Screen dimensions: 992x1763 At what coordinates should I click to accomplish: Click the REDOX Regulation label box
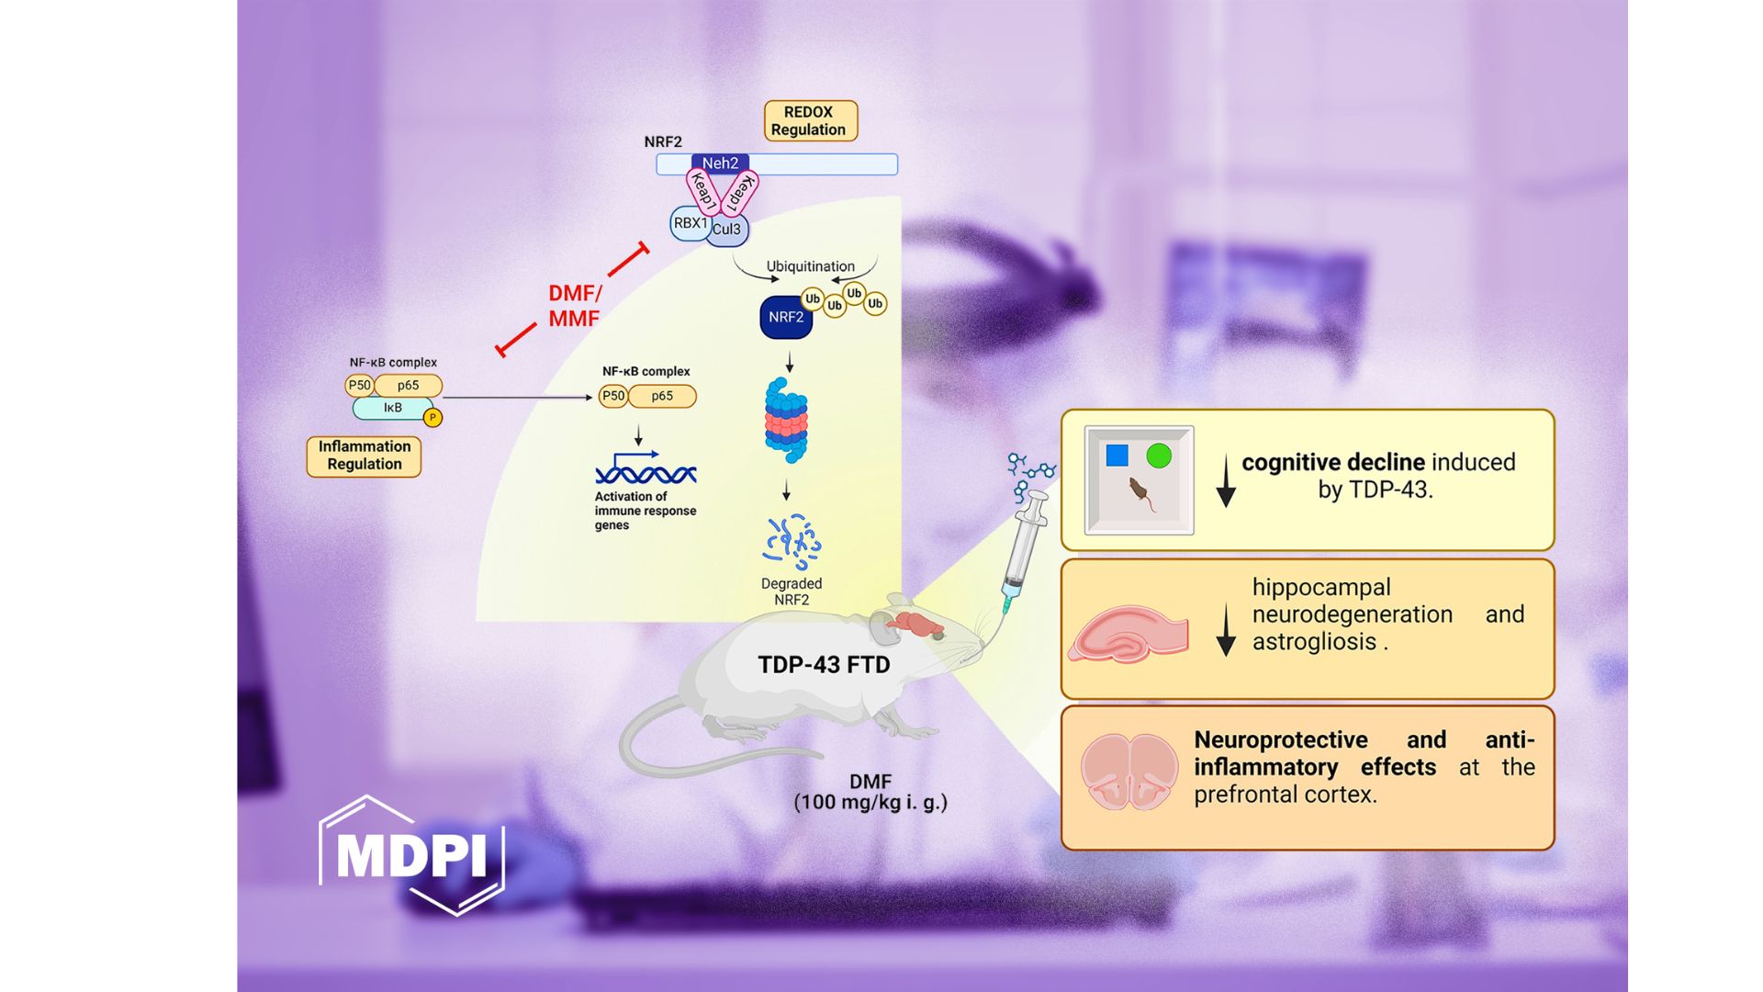pyautogui.click(x=810, y=121)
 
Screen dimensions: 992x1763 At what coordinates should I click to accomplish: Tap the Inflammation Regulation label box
pyautogui.click(x=364, y=456)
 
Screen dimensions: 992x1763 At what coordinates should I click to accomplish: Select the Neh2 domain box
pyautogui.click(x=720, y=163)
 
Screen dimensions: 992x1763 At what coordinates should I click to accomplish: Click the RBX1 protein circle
pyautogui.click(x=689, y=223)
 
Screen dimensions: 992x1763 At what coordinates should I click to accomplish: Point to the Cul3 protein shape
pyautogui.click(x=728, y=230)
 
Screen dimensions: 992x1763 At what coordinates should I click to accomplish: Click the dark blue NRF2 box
pyautogui.click(x=786, y=318)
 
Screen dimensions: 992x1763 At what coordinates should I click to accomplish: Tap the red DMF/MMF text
pyautogui.click(x=574, y=306)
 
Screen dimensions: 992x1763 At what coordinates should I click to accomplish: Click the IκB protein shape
pyautogui.click(x=392, y=408)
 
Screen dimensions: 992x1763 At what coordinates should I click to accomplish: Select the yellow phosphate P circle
pyautogui.click(x=432, y=418)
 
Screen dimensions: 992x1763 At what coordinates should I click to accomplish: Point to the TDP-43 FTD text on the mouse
pyautogui.click(x=824, y=665)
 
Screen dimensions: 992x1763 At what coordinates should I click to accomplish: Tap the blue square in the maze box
pyautogui.click(x=1117, y=456)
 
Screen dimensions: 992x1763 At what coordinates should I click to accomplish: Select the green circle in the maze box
pyautogui.click(x=1159, y=456)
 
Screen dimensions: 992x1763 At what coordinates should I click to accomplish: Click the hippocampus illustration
pyautogui.click(x=1128, y=634)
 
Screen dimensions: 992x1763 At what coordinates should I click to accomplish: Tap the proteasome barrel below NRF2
pyautogui.click(x=786, y=421)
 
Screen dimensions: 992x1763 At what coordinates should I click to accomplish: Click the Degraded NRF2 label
pyautogui.click(x=792, y=592)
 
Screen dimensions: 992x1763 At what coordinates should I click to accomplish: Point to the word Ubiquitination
pyautogui.click(x=810, y=266)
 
